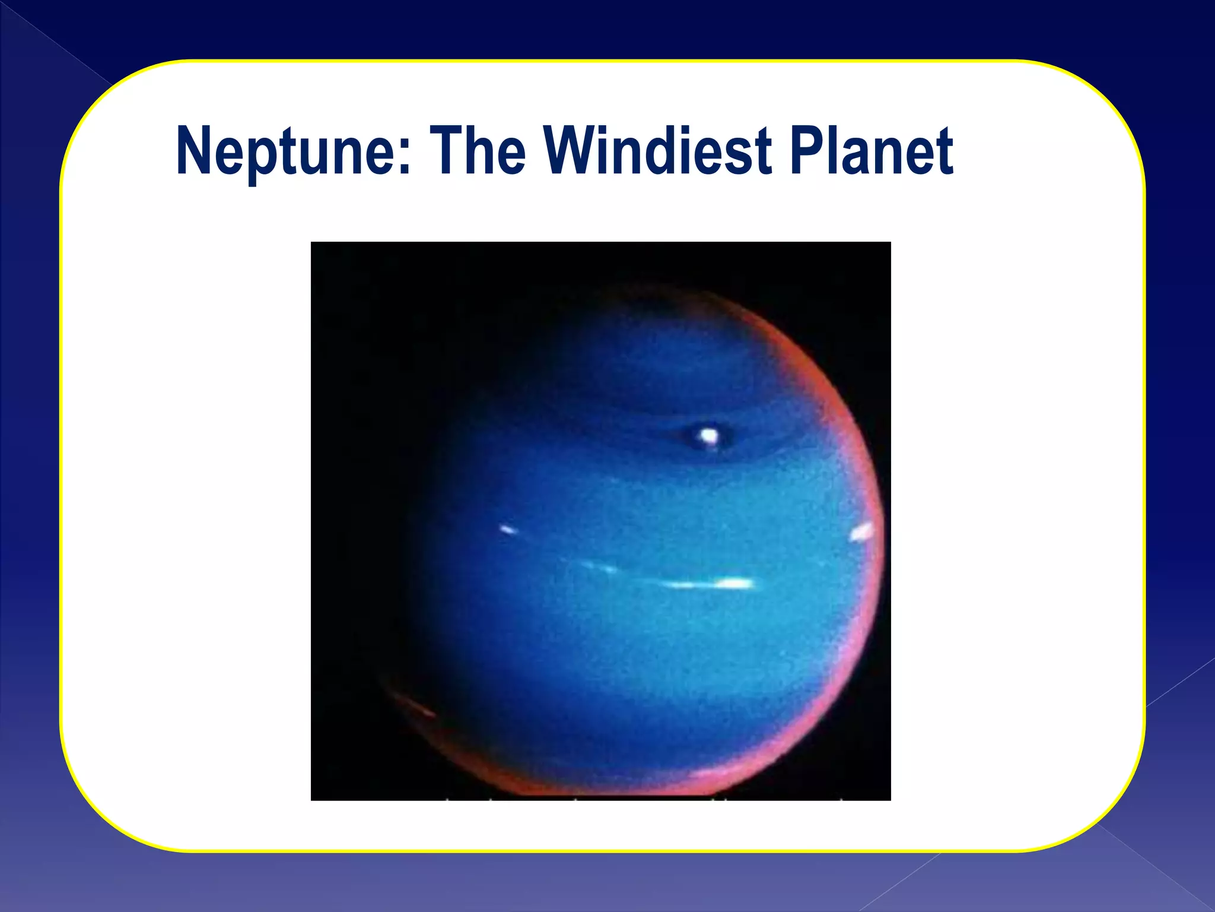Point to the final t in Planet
(943, 152)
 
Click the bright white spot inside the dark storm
(708, 436)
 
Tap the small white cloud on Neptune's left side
(508, 529)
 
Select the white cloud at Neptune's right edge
(862, 531)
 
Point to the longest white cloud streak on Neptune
(712, 584)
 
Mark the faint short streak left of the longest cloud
(600, 568)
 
